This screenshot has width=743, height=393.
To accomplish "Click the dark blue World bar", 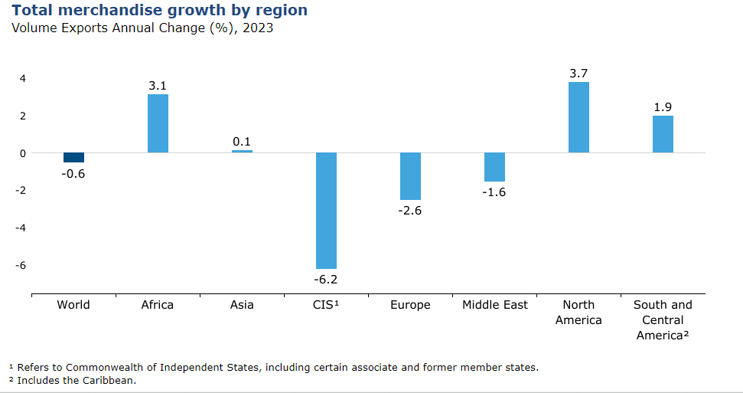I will click(x=73, y=158).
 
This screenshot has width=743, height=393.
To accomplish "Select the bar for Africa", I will click(x=158, y=123).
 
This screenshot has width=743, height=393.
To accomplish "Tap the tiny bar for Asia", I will click(x=242, y=151).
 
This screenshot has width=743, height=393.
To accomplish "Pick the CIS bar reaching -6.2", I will click(x=326, y=210).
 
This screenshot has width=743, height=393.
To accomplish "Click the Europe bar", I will click(x=410, y=176).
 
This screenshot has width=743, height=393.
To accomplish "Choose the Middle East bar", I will click(x=494, y=167).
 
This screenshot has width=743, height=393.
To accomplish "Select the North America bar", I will click(x=578, y=117).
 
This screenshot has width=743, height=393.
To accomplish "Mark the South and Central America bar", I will click(x=663, y=134).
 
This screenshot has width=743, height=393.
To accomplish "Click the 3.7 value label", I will click(x=578, y=74).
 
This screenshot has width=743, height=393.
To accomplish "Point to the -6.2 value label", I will click(x=326, y=280).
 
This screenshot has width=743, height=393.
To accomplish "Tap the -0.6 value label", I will click(x=73, y=174).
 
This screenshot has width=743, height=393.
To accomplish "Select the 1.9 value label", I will click(x=663, y=107).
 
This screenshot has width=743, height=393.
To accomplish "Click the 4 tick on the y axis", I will click(x=23, y=78).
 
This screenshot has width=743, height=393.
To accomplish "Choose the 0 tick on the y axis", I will click(x=23, y=153).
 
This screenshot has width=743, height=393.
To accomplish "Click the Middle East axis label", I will click(x=494, y=305).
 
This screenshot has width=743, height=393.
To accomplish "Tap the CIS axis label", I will click(x=326, y=305).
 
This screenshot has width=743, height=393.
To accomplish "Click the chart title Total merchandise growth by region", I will click(x=160, y=11).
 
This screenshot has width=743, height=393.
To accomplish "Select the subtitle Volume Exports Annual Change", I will click(x=142, y=28).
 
